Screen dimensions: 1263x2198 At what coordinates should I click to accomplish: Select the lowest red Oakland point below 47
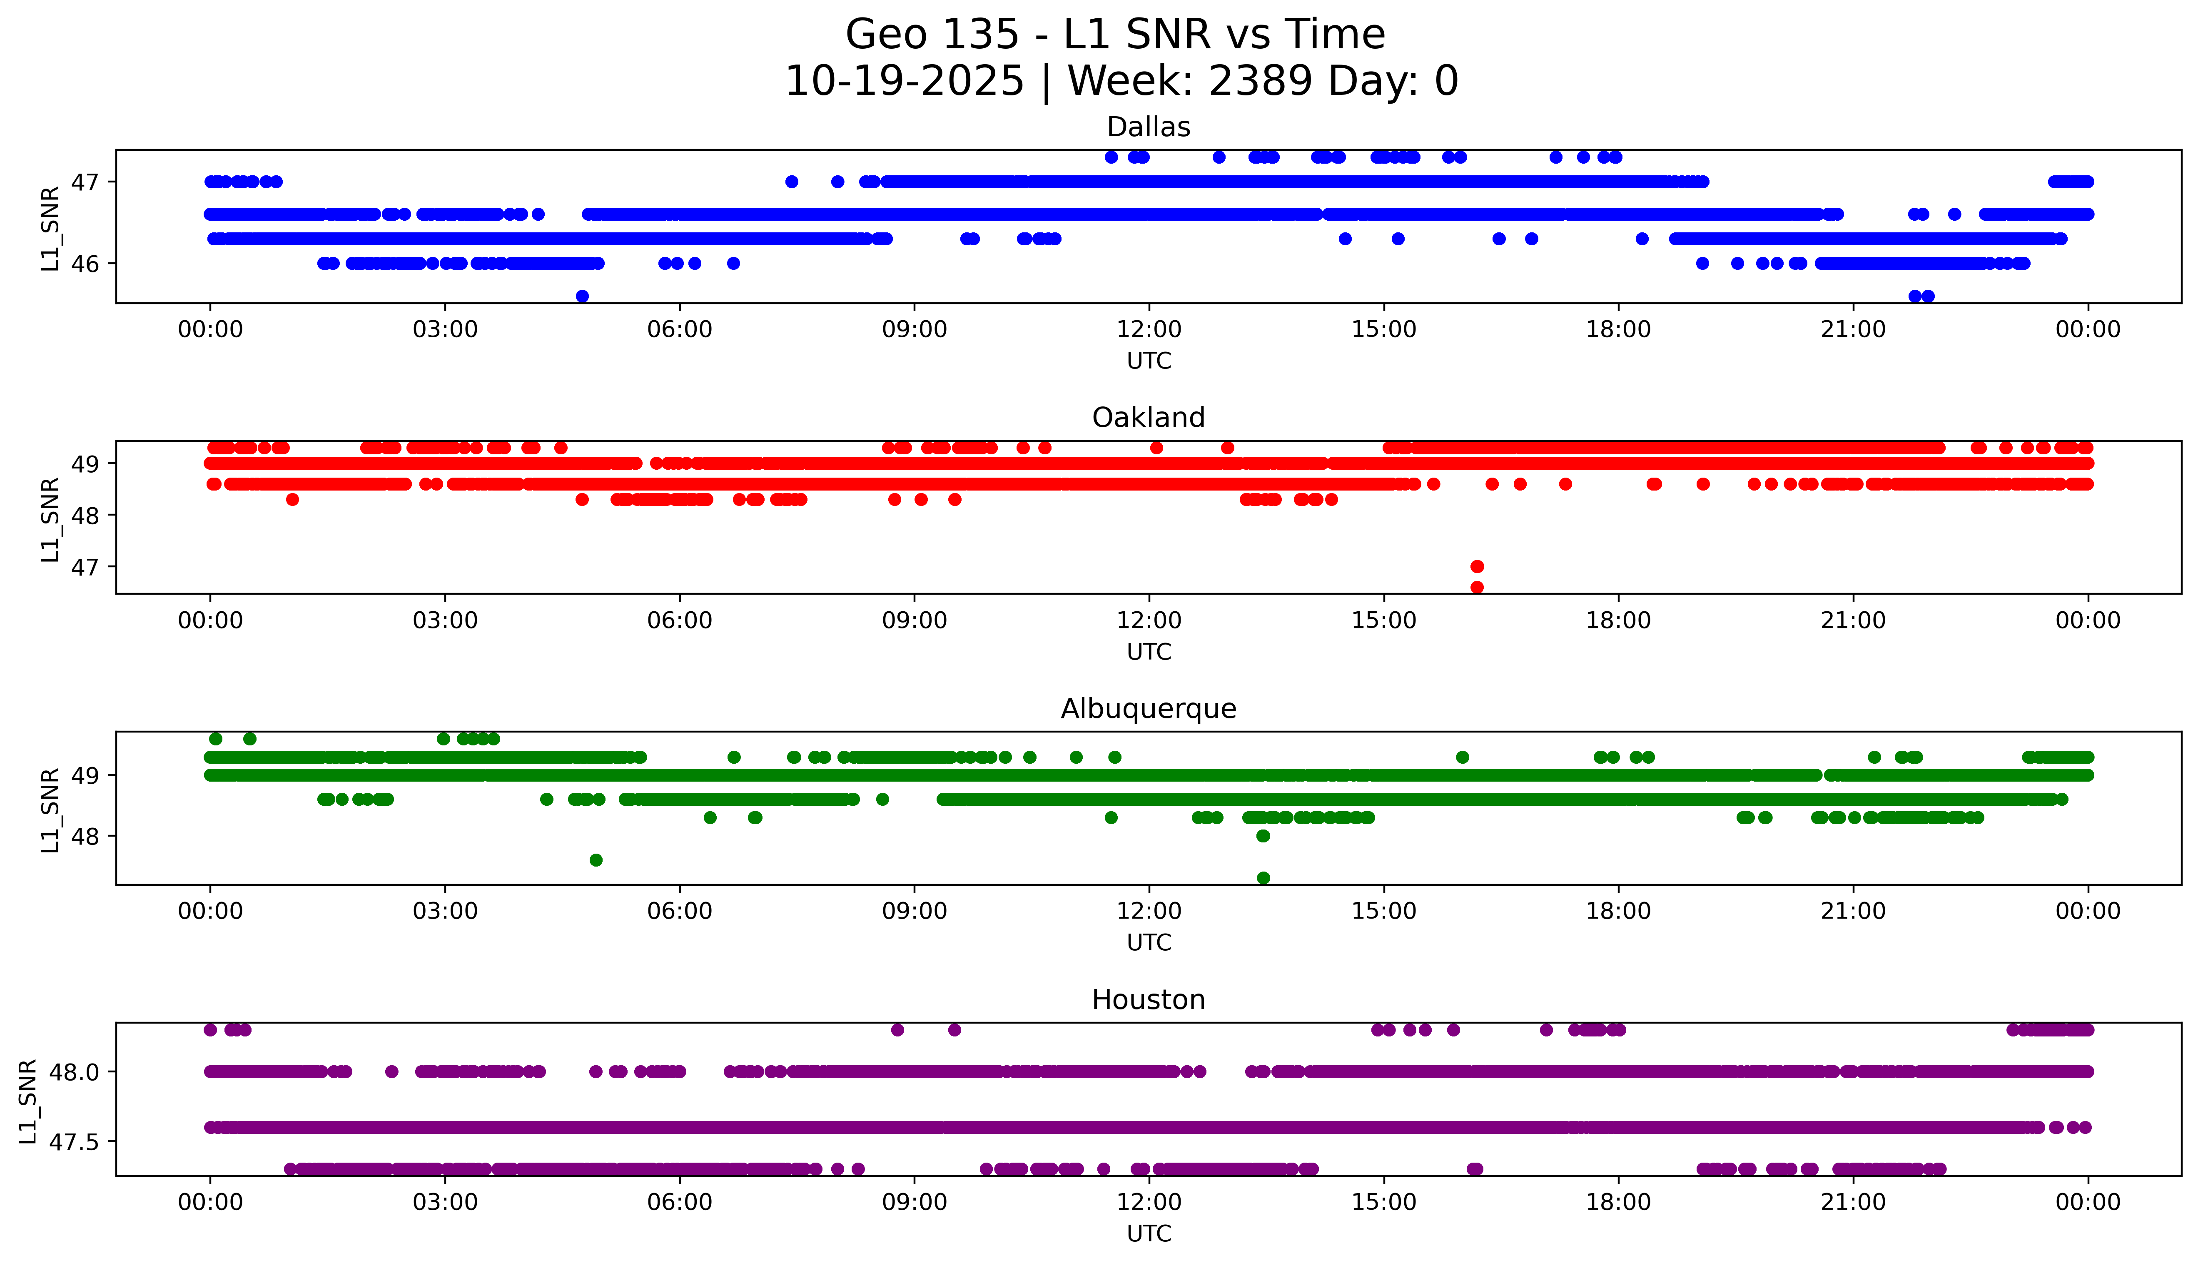tap(1477, 587)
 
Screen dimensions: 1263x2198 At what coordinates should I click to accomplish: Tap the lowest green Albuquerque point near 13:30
tap(1263, 878)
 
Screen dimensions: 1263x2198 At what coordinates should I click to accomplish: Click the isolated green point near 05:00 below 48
tap(596, 859)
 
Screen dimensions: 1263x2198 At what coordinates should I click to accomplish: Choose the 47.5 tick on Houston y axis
tap(76, 1141)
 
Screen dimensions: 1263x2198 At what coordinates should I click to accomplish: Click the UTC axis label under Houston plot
tap(1149, 1233)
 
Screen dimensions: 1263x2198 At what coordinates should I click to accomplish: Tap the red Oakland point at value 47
tap(1477, 566)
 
